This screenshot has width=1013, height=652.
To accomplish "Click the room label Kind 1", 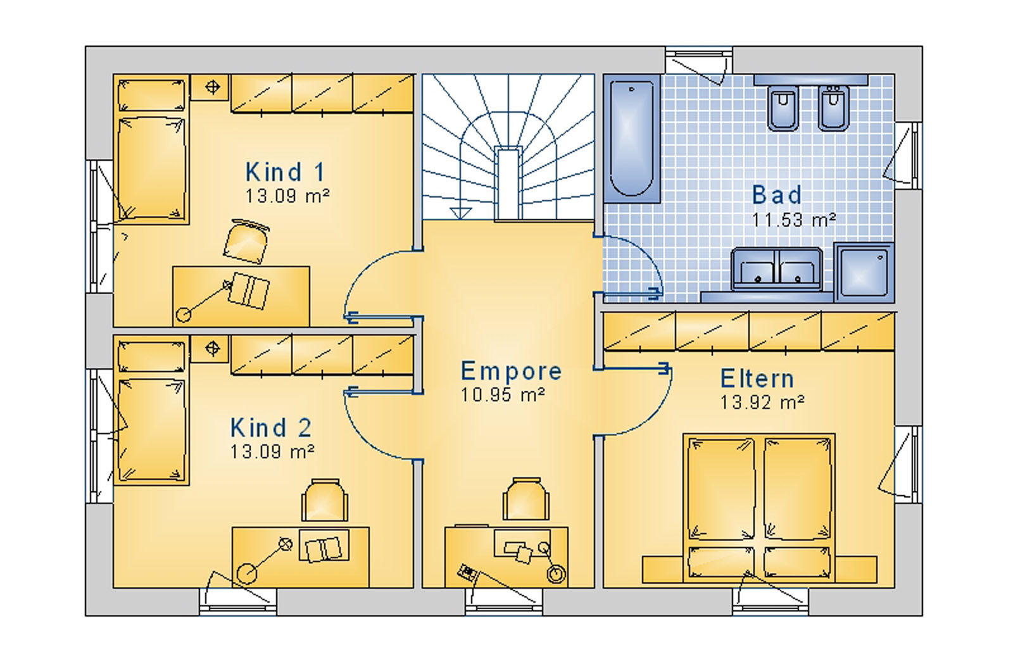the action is pos(285,172).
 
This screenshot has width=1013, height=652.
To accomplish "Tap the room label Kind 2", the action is pos(271,427).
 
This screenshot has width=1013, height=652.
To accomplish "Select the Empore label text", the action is pos(511,372).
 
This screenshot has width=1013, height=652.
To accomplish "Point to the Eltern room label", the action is pos(757,379).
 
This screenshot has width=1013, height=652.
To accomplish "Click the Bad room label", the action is pos(776,195).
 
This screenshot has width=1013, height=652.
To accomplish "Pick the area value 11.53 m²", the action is pos(793,220).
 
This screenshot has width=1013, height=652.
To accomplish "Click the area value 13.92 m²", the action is pos(762,402).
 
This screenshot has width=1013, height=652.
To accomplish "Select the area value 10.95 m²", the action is pos(503,395).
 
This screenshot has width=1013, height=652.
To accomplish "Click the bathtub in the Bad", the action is pos(631,139).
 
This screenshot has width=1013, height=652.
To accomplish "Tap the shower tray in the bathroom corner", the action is pos(864,273).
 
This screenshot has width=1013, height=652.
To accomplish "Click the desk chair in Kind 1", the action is pos(246,241).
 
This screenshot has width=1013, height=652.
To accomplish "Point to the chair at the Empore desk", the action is pos(525,499).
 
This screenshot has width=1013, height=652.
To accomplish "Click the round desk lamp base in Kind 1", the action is pos(184,315).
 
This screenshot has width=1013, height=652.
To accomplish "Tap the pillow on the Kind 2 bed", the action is pos(151,357).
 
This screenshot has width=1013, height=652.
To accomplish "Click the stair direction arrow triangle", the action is pos(461,213).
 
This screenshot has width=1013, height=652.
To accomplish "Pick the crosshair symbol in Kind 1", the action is pos(213,87).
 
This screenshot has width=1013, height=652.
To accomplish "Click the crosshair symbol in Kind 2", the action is pos(213,348).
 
